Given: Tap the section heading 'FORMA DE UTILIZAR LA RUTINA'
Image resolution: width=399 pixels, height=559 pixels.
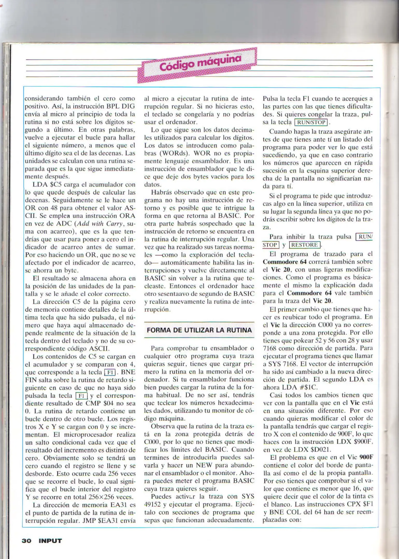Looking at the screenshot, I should [x=199, y=330].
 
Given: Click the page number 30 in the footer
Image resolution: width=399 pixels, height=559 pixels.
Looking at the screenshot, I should [x=26, y=541].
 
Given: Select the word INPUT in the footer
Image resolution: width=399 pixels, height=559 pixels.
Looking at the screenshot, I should [x=50, y=541].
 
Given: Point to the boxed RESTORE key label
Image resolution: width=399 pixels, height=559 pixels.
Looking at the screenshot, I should [x=305, y=245].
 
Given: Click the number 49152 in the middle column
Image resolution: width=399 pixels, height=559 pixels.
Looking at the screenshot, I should [x=154, y=504].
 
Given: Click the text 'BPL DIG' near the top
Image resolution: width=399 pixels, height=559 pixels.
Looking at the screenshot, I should [x=119, y=106].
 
